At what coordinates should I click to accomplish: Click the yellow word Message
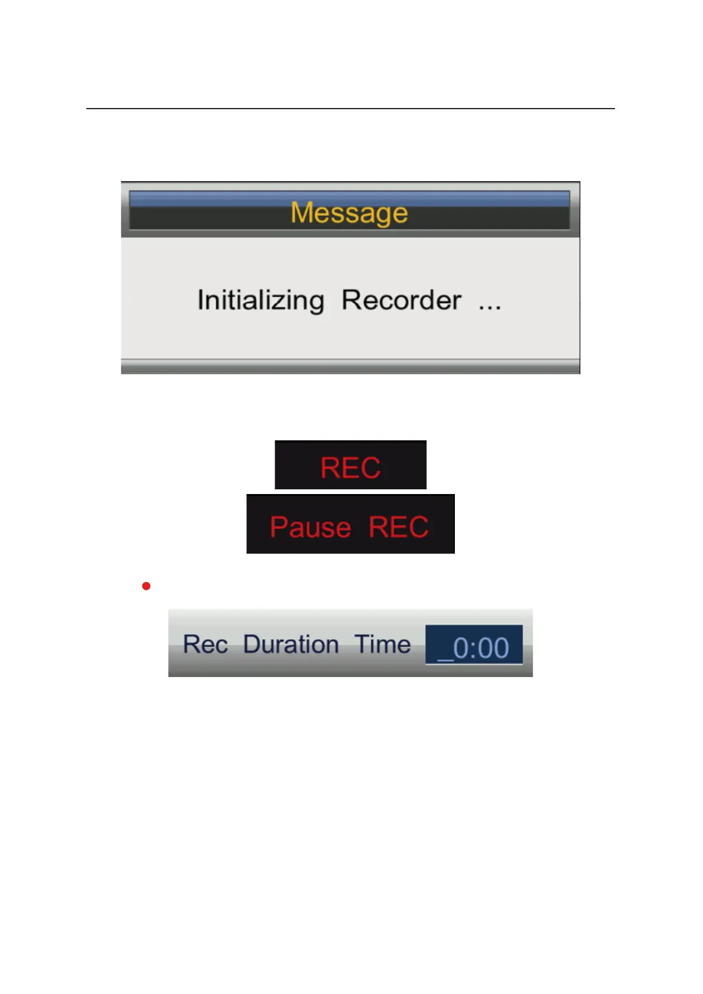tap(349, 213)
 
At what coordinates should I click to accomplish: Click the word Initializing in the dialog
tap(261, 300)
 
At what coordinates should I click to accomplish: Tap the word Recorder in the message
tap(401, 300)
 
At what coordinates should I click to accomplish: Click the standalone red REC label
tap(350, 468)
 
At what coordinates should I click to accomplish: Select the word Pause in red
tap(310, 527)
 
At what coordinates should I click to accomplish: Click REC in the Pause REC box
tap(399, 527)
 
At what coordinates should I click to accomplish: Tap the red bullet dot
tap(147, 586)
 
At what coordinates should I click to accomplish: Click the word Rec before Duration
tap(205, 644)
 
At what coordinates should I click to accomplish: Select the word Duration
tap(291, 644)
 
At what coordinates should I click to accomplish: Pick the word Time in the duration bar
tap(382, 644)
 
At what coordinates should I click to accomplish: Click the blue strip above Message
tap(349, 198)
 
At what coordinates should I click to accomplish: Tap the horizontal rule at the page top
tap(350, 109)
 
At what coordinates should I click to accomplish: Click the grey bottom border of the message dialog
tap(350, 367)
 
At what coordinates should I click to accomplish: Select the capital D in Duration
tap(252, 644)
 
